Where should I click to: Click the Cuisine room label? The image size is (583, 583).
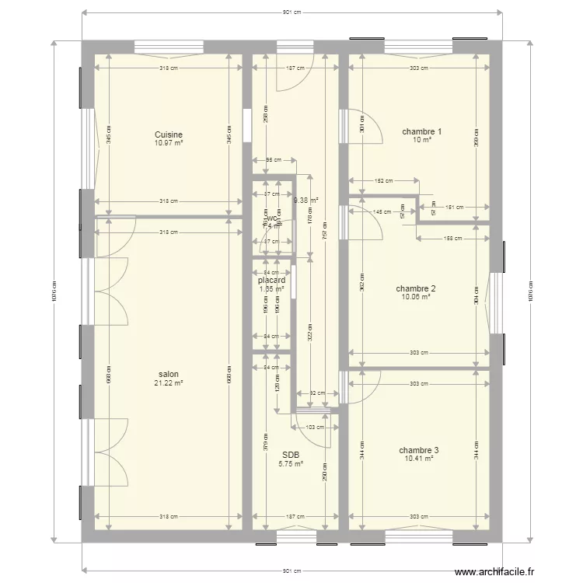click(x=169, y=134)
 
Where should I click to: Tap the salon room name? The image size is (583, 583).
click(x=168, y=374)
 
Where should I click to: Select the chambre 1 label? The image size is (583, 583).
click(x=421, y=131)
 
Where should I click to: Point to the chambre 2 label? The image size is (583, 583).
click(x=415, y=288)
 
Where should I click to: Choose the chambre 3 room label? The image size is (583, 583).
click(x=419, y=450)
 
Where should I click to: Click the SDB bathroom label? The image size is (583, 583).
click(x=291, y=456)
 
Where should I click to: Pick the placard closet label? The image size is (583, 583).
click(x=272, y=281)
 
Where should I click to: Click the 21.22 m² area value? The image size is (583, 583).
click(x=168, y=382)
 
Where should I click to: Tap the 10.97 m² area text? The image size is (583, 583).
click(x=169, y=143)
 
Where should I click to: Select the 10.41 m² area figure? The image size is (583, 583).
click(x=419, y=459)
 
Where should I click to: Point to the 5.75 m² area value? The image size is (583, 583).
click(x=291, y=464)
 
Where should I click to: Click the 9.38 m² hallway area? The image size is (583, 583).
click(x=305, y=200)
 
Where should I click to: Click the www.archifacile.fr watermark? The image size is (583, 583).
click(x=494, y=572)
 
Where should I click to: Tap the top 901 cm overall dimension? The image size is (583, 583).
click(x=292, y=13)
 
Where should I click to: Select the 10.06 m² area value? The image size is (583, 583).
click(x=416, y=296)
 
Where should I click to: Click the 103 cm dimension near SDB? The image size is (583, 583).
click(x=315, y=428)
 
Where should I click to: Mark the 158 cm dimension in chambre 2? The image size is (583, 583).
click(x=453, y=239)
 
